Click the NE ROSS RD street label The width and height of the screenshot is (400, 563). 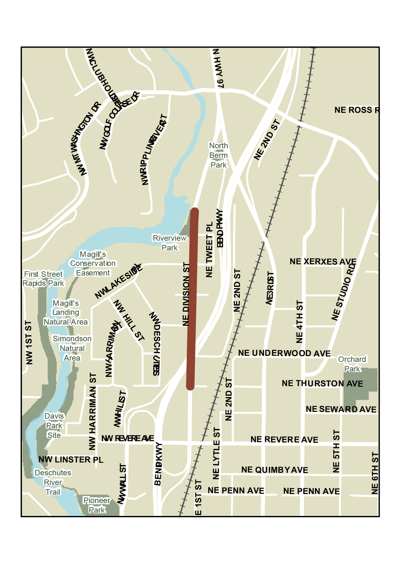click(x=356, y=110)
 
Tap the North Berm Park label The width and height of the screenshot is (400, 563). click(x=219, y=155)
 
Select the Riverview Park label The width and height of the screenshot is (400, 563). click(x=170, y=243)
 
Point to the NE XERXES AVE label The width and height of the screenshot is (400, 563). click(x=323, y=261)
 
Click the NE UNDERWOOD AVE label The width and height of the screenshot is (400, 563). click(x=284, y=353)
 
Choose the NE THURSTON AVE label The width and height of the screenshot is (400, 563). click(x=322, y=383)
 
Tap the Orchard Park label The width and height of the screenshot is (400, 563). click(x=352, y=364)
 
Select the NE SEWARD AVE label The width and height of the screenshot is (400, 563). click(x=341, y=409)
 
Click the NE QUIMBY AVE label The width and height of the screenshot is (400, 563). click(x=275, y=470)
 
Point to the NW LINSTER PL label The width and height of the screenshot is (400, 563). click(x=71, y=460)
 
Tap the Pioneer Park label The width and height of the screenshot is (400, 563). click(x=97, y=505)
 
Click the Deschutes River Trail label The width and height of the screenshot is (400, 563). click(x=53, y=482)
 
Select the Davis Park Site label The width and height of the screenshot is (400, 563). click(x=54, y=425)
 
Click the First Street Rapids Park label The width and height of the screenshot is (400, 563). click(x=44, y=278)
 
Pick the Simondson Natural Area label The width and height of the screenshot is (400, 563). click(x=72, y=348)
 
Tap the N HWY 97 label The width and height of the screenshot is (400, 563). click(x=219, y=68)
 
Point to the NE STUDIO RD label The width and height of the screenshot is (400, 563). click(x=344, y=292)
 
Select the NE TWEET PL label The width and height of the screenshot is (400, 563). click(x=210, y=249)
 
